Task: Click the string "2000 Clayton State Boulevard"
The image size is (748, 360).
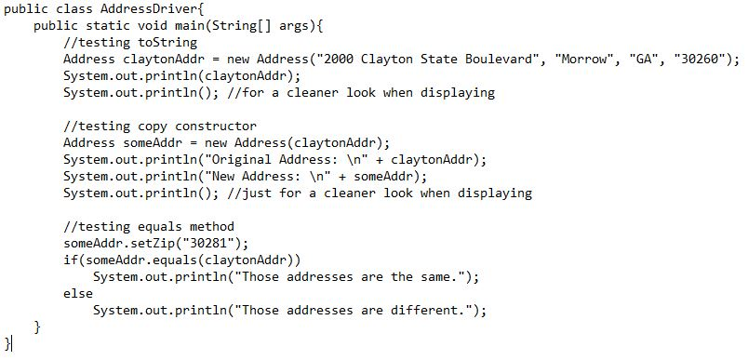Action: tap(429, 59)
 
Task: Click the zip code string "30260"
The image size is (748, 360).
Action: tap(699, 59)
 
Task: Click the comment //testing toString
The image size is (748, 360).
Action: tap(130, 42)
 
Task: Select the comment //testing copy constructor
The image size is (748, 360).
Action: tap(160, 126)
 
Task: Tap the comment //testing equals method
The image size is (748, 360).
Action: tap(149, 226)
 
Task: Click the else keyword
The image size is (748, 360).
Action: tap(78, 293)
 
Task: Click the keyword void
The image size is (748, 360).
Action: tap(149, 25)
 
